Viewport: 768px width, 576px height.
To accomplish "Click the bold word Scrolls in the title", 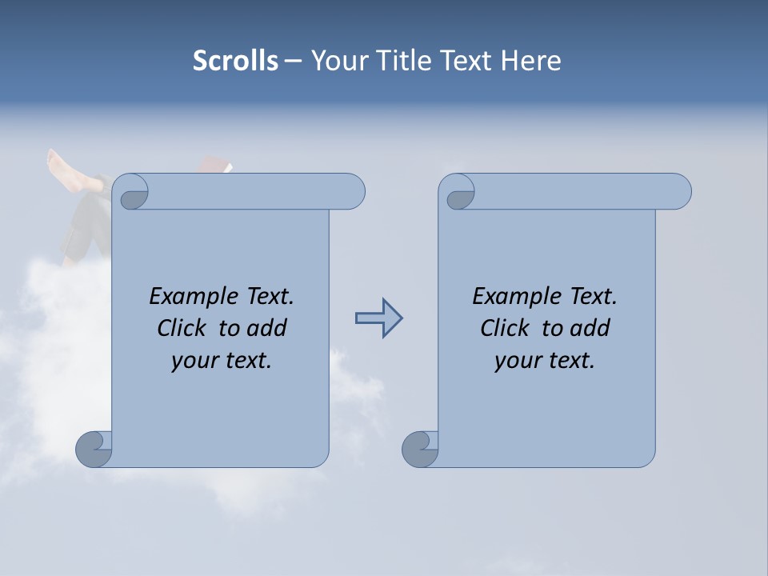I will click(x=235, y=60).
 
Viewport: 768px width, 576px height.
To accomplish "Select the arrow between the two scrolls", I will click(x=378, y=318).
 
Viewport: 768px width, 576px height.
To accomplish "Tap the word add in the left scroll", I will click(x=266, y=328).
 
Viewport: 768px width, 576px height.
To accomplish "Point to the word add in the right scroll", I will click(x=590, y=328).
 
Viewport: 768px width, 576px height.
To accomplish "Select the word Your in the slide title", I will click(x=337, y=60).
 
